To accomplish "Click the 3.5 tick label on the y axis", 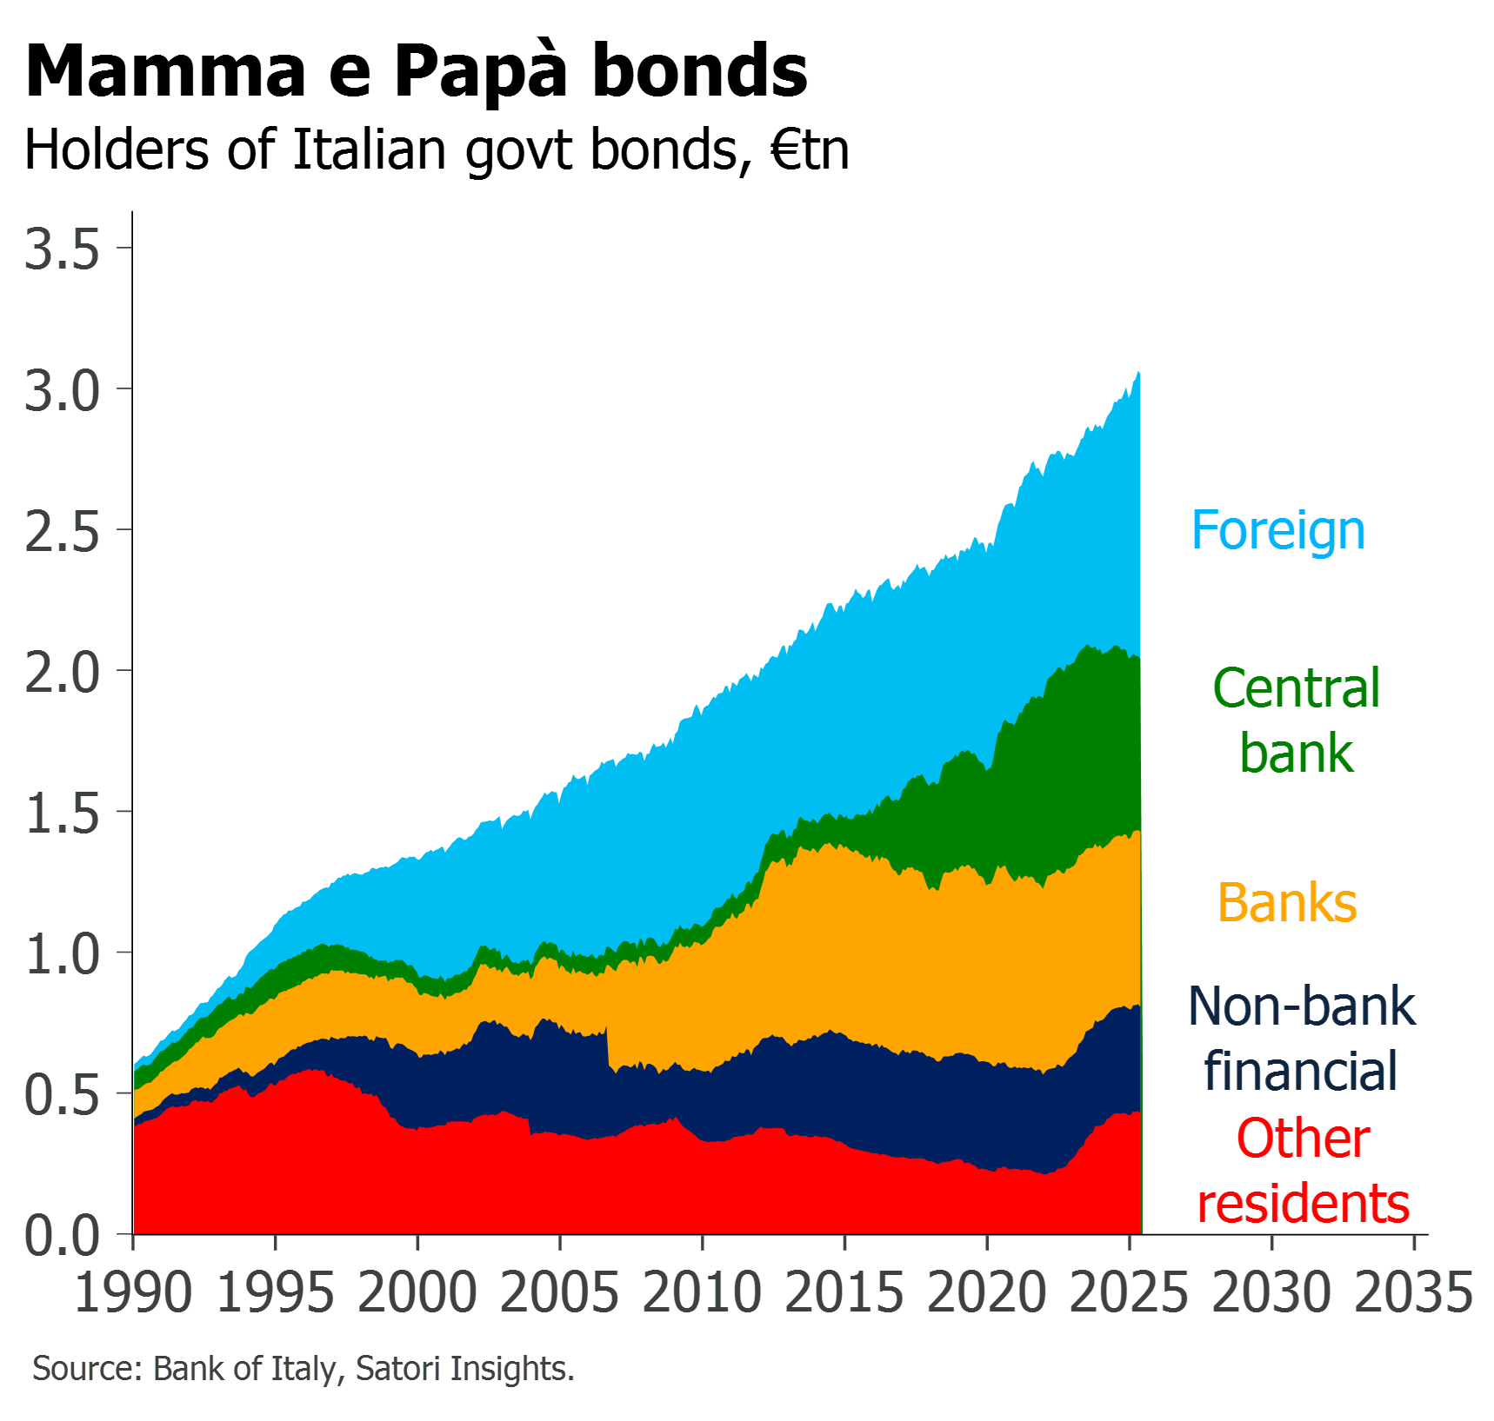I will click(x=62, y=250).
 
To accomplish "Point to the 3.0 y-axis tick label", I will click(x=62, y=391).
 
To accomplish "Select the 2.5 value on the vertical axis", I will click(x=62, y=532).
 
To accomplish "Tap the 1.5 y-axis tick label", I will click(x=62, y=814).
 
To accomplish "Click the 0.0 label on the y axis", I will click(x=62, y=1236).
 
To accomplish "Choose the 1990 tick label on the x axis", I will click(x=132, y=1292).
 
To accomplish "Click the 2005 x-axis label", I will click(x=560, y=1292).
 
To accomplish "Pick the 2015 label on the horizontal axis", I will click(x=844, y=1292).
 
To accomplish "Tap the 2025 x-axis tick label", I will click(x=1129, y=1292).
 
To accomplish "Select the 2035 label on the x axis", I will click(x=1414, y=1292).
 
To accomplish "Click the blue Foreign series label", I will click(x=1278, y=530).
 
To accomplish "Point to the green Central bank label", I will click(x=1297, y=720).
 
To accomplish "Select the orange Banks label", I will click(x=1288, y=902).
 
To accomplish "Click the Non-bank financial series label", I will click(x=1302, y=1039).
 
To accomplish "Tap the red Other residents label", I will click(x=1304, y=1171).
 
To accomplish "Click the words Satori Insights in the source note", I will click(x=464, y=1369).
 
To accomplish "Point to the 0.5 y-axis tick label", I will click(x=62, y=1095).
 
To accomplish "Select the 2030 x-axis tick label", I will click(x=1271, y=1292).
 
